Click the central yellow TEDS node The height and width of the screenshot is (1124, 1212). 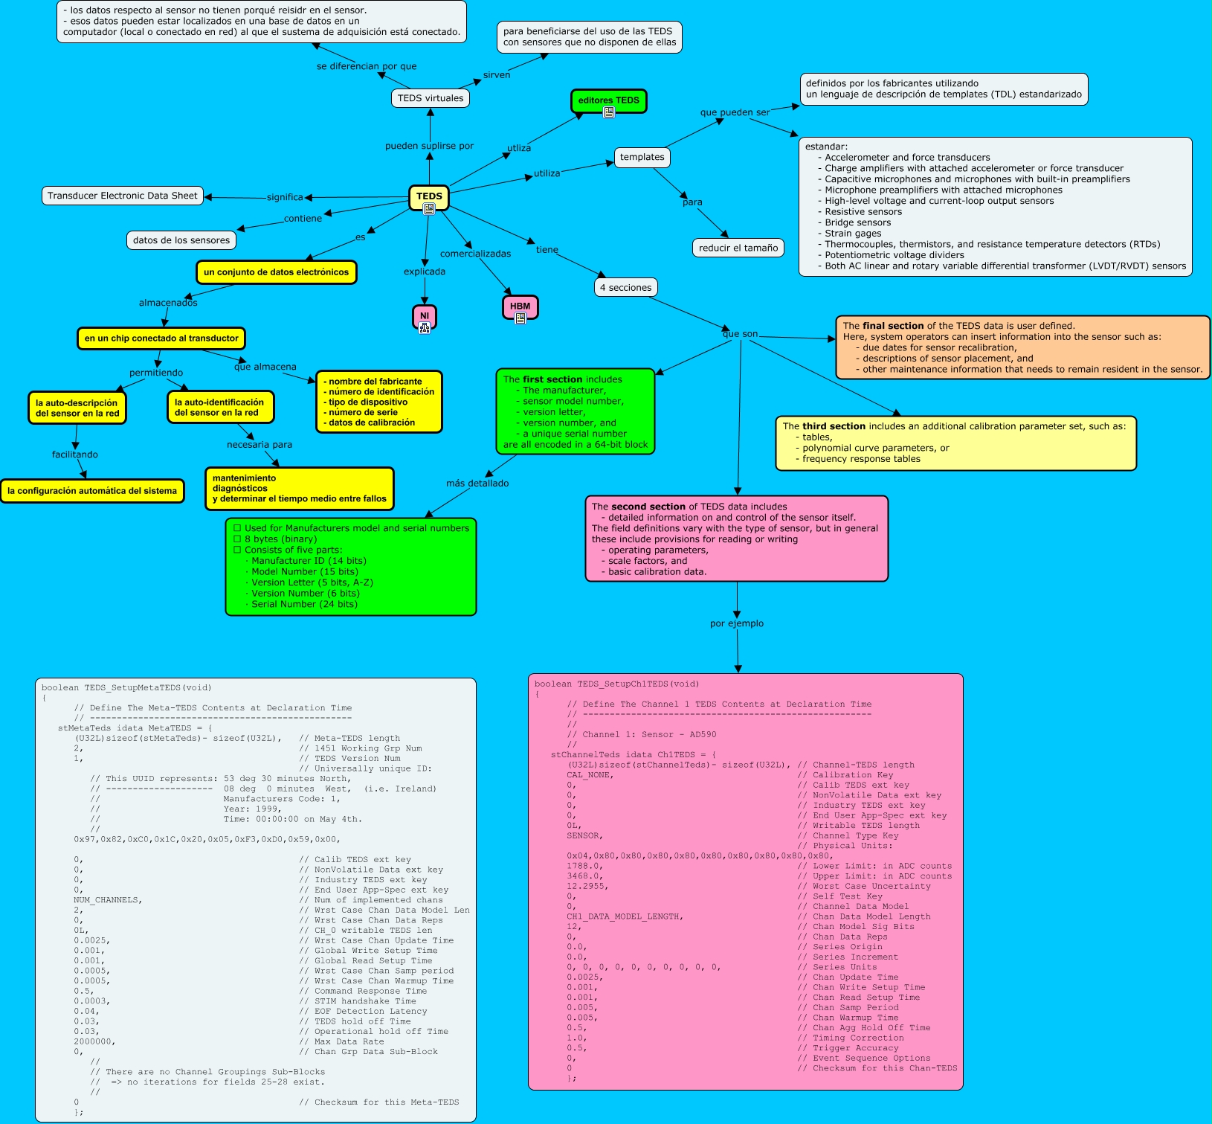click(429, 196)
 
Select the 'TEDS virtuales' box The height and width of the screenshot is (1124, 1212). click(430, 98)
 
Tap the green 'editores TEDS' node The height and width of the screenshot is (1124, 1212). click(608, 100)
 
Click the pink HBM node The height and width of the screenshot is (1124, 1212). click(520, 306)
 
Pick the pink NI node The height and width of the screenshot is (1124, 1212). click(425, 316)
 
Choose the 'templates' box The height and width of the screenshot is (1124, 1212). click(642, 157)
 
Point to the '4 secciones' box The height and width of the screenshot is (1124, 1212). click(625, 288)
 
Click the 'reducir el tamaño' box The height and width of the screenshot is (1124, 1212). click(738, 248)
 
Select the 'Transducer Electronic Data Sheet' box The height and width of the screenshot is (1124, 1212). click(123, 196)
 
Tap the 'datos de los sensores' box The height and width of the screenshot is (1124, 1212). click(181, 240)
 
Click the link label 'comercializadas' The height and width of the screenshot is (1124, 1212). click(475, 254)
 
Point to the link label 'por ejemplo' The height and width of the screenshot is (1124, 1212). click(736, 623)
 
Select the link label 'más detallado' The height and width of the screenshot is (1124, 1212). click(477, 484)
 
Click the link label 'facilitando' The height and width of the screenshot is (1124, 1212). click(74, 455)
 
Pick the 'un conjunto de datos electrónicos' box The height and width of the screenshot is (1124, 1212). click(276, 272)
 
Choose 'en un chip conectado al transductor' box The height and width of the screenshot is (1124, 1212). click(161, 338)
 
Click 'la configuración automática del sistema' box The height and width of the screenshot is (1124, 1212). click(92, 491)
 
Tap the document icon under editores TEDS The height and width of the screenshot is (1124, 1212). click(608, 112)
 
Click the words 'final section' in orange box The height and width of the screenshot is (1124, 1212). click(892, 326)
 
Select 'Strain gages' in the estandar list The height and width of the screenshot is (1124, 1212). click(853, 234)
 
